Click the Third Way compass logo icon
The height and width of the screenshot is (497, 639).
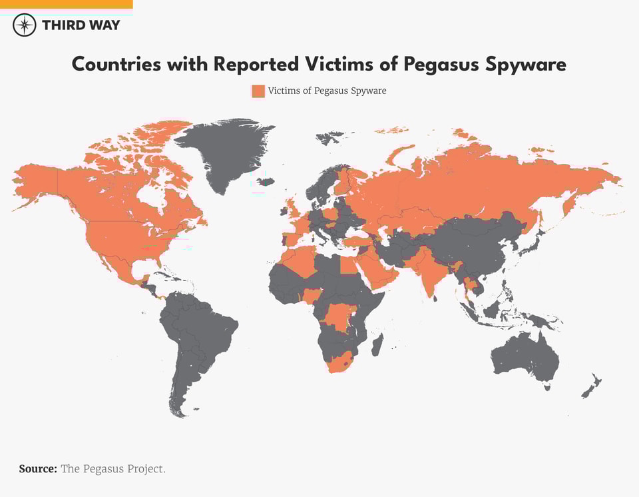point(24,25)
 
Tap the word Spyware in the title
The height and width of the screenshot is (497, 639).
point(527,65)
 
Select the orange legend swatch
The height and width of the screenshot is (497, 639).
point(258,91)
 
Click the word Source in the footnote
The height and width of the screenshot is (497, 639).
point(37,469)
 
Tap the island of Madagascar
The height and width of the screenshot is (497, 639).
point(377,344)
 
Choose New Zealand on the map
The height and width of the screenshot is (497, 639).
point(592,387)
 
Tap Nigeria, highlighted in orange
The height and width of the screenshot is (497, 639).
point(312,294)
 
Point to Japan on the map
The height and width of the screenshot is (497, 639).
point(531,246)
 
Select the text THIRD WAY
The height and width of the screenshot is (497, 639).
point(81,25)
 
